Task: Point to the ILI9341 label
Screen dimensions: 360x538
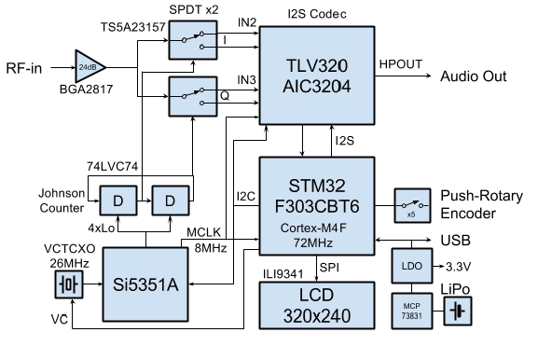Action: [283, 272]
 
